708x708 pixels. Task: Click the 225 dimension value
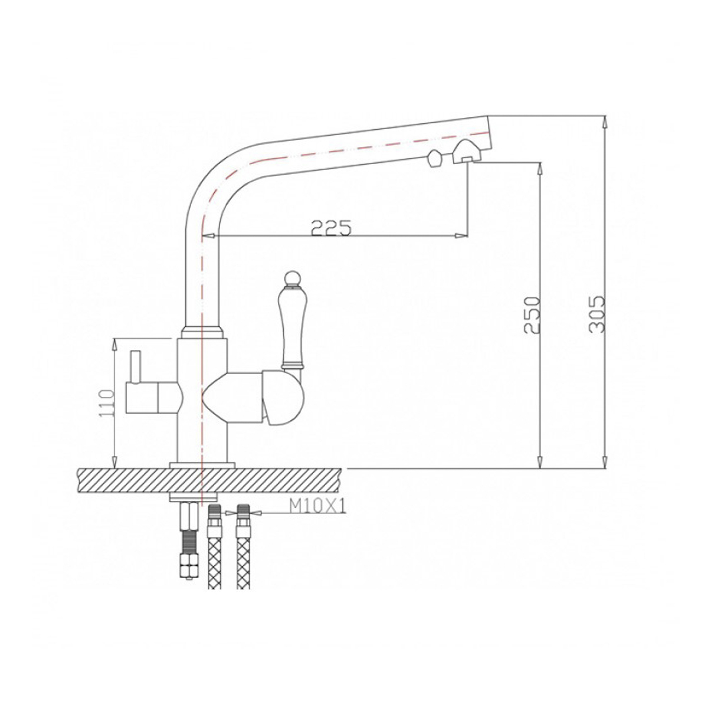point(331,228)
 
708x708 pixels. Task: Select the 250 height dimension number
point(532,315)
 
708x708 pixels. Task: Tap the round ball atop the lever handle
point(292,278)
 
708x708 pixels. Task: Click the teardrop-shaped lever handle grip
point(291,324)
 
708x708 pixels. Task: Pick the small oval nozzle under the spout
point(434,159)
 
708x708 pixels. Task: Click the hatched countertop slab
point(209,481)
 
